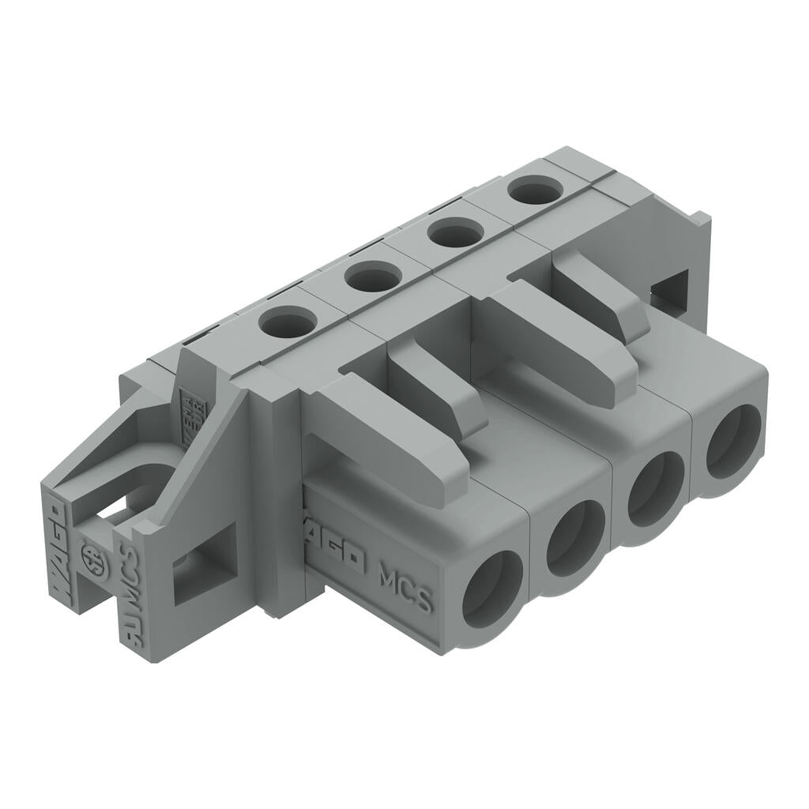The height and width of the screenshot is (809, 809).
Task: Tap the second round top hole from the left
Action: pos(372,277)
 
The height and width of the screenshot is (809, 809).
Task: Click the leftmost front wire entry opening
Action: pos(492,589)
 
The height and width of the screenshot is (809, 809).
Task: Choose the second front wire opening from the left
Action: pos(575,536)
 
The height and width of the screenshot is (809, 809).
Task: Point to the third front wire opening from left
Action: pos(656,488)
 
